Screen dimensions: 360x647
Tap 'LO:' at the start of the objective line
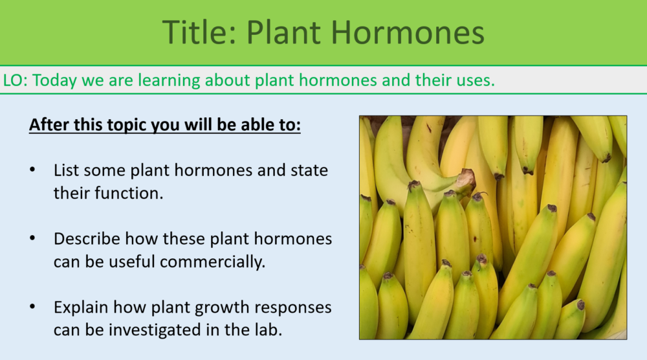16,80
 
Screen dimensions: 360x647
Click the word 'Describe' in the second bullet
87,239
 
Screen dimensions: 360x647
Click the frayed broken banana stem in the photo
465,179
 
